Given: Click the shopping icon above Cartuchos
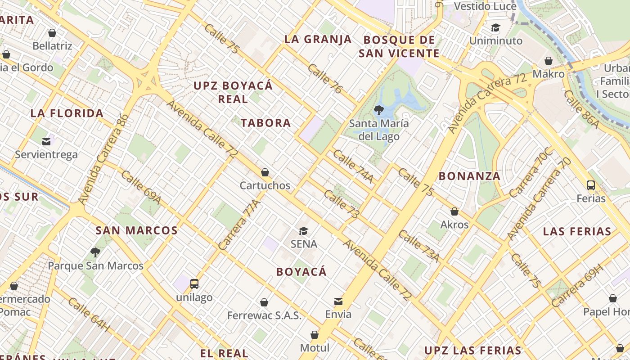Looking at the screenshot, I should (265, 172).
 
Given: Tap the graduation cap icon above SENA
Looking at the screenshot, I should (304, 231).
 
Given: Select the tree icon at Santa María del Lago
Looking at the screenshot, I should (379, 110).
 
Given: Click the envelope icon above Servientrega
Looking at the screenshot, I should (46, 142).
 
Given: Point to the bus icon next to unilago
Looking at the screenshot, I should (194, 284).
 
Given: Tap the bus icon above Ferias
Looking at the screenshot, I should (591, 185).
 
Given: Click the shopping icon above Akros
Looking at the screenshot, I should (454, 211).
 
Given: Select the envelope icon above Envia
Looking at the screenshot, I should (338, 301).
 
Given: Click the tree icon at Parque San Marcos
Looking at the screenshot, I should (95, 252).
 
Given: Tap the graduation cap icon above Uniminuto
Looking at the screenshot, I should (495, 28).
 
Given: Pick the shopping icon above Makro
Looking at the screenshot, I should (549, 61).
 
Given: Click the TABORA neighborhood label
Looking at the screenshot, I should (265, 123).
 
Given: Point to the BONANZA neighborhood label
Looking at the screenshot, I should (469, 176).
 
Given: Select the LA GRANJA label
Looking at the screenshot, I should (318, 39).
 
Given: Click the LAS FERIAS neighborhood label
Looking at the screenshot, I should (577, 232).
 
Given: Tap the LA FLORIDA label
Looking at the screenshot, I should (67, 113).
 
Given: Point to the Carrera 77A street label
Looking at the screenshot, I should (239, 225).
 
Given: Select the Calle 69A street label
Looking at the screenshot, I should (140, 187).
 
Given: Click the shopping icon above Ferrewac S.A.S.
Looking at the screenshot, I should (264, 302).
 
